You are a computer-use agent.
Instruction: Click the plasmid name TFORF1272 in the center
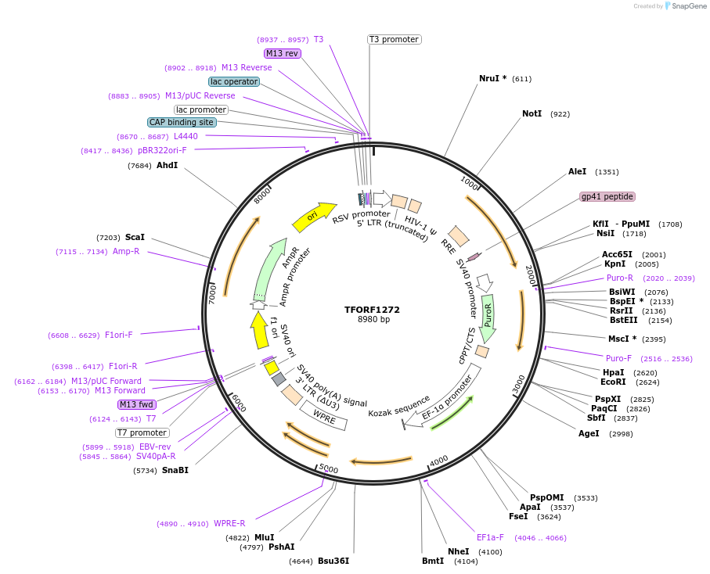[373, 309]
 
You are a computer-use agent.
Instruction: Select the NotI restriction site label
[532, 114]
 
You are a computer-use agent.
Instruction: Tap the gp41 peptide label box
[607, 196]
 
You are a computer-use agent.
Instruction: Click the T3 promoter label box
[394, 39]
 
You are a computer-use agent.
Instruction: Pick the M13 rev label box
[282, 53]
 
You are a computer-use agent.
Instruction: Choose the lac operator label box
[234, 81]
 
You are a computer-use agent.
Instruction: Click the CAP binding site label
[182, 122]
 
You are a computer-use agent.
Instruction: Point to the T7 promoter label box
[142, 432]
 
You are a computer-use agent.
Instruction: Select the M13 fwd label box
[136, 404]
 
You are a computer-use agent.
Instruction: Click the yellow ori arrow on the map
[313, 217]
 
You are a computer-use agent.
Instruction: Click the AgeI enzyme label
[589, 433]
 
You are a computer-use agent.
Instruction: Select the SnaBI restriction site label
[175, 470]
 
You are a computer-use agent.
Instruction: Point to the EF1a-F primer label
[490, 537]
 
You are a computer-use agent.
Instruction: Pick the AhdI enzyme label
[167, 165]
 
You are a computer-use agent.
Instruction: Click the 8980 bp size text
[373, 319]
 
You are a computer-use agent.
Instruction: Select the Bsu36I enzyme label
[333, 561]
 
